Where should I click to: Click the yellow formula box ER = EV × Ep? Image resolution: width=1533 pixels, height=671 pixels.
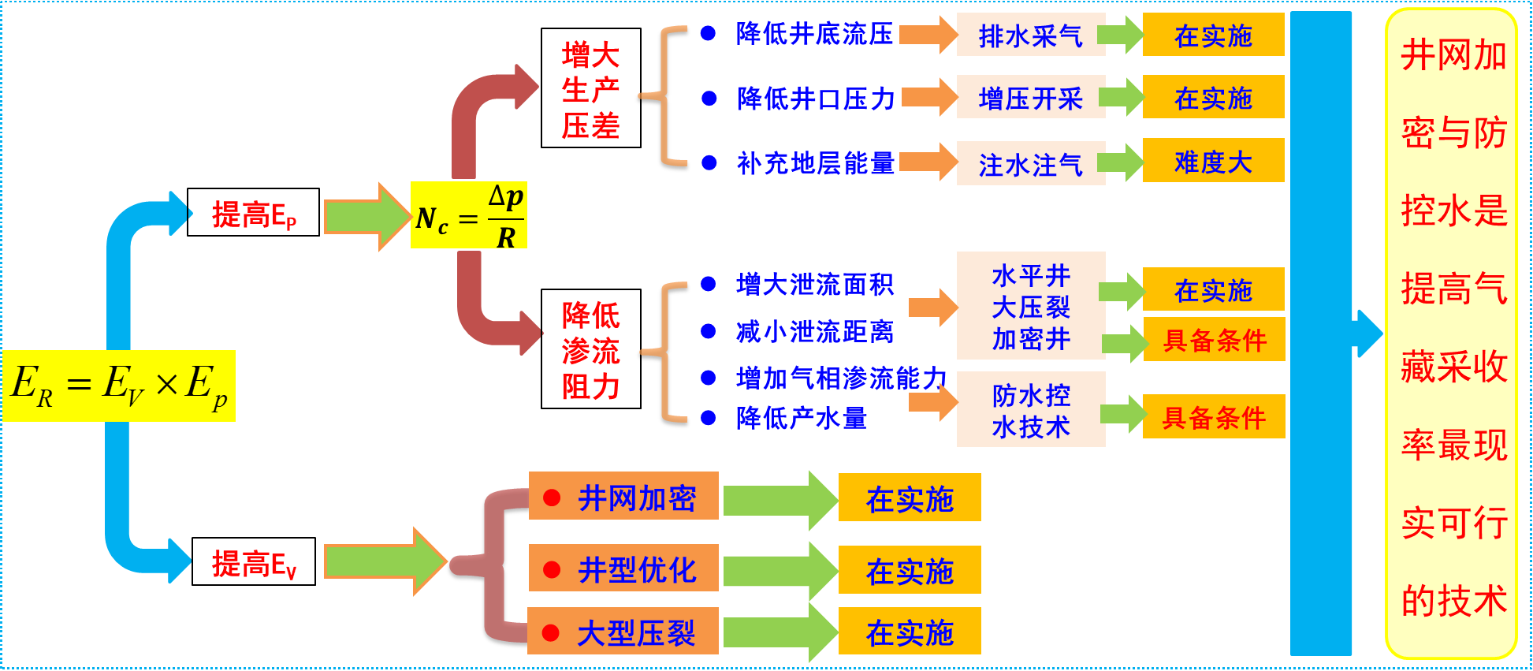pos(119,386)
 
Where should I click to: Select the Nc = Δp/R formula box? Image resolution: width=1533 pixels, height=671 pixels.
pos(469,215)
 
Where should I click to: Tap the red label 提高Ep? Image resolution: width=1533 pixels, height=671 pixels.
pos(254,215)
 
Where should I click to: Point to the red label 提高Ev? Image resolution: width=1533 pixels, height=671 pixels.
pos(254,565)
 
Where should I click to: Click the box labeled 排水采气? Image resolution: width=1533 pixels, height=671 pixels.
pos(1030,35)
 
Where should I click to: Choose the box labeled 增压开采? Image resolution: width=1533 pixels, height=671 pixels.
pos(1030,98)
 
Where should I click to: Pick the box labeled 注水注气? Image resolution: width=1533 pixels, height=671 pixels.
pos(1030,164)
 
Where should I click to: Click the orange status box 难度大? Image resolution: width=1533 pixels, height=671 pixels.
pos(1213,161)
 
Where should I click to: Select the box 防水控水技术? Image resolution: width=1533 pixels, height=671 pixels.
pos(1030,410)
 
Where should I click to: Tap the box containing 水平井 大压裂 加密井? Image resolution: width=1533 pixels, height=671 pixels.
pos(1030,306)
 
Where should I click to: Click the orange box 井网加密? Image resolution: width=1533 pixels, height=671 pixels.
pos(623,497)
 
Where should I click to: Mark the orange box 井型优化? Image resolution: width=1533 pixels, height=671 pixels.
pos(623,568)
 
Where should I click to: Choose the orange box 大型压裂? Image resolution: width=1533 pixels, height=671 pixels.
pos(623,632)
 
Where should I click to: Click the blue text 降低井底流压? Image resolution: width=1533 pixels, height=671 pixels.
pos(814,34)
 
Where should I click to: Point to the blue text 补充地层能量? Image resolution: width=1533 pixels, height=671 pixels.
pos(816,163)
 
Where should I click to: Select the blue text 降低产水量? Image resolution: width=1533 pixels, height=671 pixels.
pos(801,418)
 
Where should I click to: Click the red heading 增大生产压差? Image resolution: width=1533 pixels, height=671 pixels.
pos(590,91)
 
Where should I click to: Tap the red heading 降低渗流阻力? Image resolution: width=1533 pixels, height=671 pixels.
pos(590,351)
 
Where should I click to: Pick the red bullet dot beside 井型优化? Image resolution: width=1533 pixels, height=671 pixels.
pos(552,569)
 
